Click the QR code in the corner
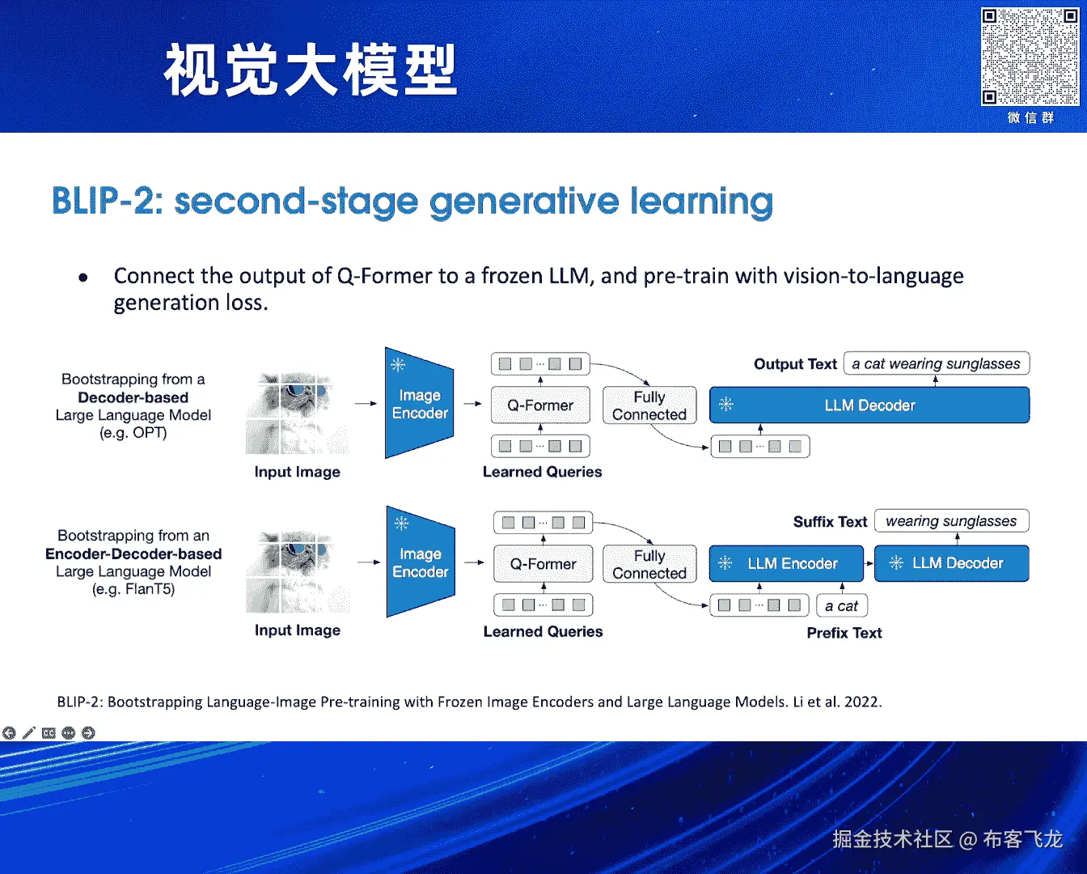pyautogui.click(x=1030, y=57)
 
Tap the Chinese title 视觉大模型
pyautogui.click(x=311, y=71)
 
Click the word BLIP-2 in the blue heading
pyautogui.click(x=107, y=202)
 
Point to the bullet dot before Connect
pyautogui.click(x=83, y=278)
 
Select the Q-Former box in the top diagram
pyautogui.click(x=540, y=405)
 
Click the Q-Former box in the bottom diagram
pyautogui.click(x=543, y=564)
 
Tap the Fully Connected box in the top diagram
pyautogui.click(x=649, y=405)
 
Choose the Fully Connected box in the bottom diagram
pyautogui.click(x=649, y=564)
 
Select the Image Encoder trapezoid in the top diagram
pyautogui.click(x=419, y=404)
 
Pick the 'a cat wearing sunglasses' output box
pyautogui.click(x=936, y=364)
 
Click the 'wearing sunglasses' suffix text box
pyautogui.click(x=951, y=521)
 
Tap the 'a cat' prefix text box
pyautogui.click(x=841, y=606)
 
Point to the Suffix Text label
pyautogui.click(x=830, y=522)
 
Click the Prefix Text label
pyautogui.click(x=844, y=633)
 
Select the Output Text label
pyautogui.click(x=795, y=364)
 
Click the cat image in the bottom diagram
pyautogui.click(x=298, y=572)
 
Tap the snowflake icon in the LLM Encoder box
pyautogui.click(x=725, y=563)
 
